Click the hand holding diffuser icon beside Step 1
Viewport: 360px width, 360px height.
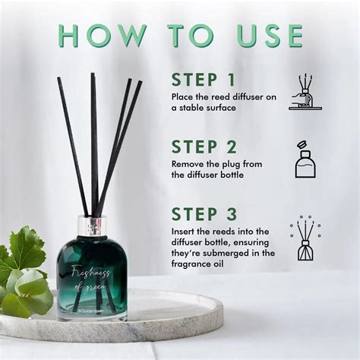[x=305, y=92]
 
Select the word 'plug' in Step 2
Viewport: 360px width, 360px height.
[x=232, y=163]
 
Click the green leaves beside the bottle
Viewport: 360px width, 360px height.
[x=24, y=270]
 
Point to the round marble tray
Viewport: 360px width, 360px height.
[x=114, y=323]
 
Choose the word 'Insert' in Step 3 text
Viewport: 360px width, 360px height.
[x=185, y=231]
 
